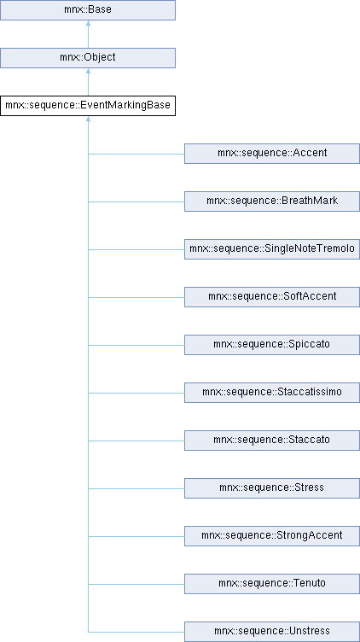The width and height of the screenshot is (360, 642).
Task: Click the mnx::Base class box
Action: click(88, 10)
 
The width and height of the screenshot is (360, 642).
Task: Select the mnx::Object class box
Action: click(88, 58)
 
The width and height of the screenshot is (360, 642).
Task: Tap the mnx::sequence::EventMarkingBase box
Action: click(88, 106)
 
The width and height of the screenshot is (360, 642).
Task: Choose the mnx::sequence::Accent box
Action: click(272, 154)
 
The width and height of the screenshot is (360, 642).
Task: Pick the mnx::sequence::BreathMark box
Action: click(272, 201)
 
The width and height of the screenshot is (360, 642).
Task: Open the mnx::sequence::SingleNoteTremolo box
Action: click(272, 249)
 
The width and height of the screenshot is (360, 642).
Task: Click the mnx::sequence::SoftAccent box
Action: click(272, 297)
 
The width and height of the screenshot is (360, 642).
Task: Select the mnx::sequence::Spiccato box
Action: click(272, 345)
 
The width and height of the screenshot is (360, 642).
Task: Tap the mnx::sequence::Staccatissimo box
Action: click(272, 393)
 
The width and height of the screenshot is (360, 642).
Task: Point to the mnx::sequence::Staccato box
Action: click(272, 441)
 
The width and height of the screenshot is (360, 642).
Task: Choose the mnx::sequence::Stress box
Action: click(272, 488)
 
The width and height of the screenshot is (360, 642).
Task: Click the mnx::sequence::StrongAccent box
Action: click(272, 536)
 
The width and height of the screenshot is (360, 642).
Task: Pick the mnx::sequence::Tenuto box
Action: click(272, 584)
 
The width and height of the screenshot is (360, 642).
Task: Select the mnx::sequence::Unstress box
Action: click(272, 632)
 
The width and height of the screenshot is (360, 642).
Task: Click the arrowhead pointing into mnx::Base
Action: click(88, 23)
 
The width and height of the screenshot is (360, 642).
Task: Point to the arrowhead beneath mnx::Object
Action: click(88, 71)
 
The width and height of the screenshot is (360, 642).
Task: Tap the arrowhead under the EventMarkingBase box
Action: click(88, 119)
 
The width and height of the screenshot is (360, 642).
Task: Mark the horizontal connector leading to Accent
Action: click(136, 154)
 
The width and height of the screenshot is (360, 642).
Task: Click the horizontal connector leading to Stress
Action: click(136, 488)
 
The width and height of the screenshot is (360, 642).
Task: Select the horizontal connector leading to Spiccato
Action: click(136, 345)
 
